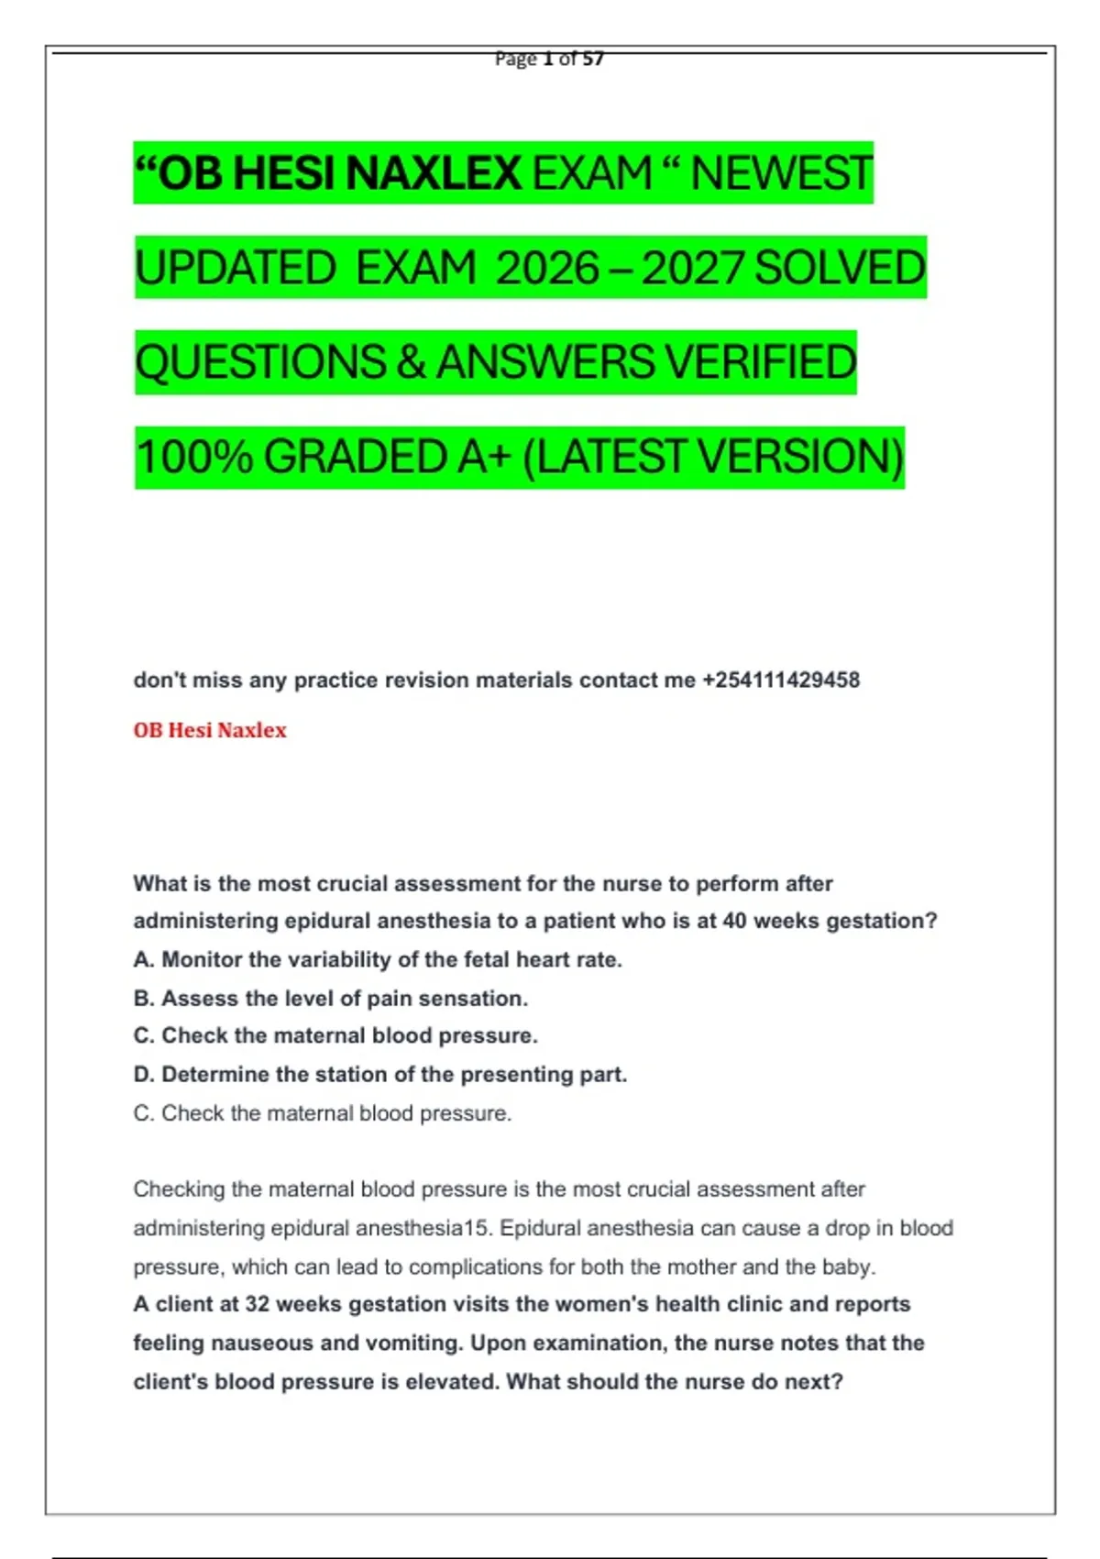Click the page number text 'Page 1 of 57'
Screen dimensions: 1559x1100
(549, 60)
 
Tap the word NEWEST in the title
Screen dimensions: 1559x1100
(781, 173)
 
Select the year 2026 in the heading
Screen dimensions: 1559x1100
(547, 269)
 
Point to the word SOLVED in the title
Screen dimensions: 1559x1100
(840, 269)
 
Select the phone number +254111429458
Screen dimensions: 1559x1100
(781, 680)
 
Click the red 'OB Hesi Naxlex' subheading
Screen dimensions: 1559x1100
(210, 731)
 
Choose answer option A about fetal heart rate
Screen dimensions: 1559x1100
(378, 960)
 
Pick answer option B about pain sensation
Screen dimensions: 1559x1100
(331, 999)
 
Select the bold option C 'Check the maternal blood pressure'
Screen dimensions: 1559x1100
(335, 1036)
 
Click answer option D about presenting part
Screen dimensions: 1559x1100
(380, 1075)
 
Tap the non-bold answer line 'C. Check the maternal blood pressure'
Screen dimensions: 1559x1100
(323, 1113)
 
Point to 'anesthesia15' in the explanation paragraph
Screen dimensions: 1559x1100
(423, 1229)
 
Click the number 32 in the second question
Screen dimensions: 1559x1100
(258, 1305)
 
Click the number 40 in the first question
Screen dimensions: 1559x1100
(734, 922)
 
